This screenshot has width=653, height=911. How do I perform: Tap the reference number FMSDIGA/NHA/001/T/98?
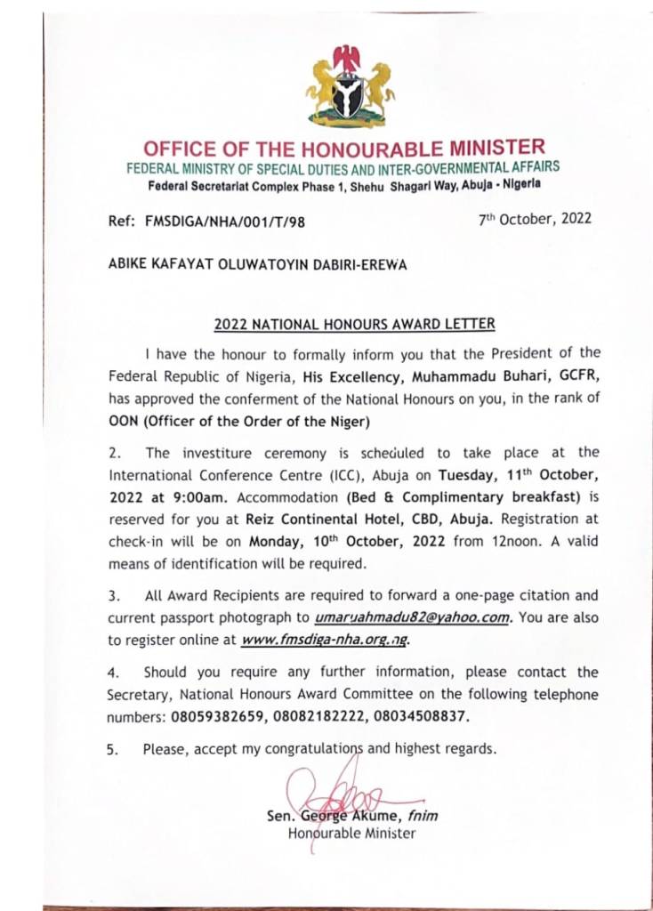[224, 222]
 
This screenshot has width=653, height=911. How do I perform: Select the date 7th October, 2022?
[534, 219]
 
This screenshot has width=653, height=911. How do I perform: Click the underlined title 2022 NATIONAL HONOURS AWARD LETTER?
[355, 325]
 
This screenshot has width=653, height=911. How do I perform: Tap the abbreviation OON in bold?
[122, 420]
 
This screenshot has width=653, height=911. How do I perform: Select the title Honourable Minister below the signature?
[351, 834]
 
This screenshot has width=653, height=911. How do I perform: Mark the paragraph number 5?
[111, 750]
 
